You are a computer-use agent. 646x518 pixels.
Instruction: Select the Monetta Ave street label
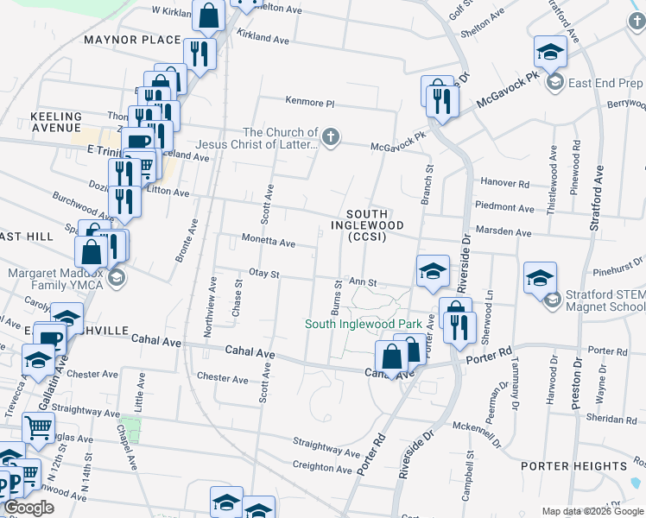coord(269,242)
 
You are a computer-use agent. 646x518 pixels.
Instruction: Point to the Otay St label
coord(265,274)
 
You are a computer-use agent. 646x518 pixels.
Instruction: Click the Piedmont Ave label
coord(505,208)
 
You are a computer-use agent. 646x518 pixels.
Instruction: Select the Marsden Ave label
coord(505,232)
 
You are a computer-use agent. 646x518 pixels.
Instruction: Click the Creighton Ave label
coord(323,467)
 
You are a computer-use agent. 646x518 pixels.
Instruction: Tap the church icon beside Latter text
coord(330,136)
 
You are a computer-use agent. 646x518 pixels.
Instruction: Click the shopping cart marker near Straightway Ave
coord(37,426)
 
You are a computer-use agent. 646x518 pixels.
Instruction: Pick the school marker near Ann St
coord(433,271)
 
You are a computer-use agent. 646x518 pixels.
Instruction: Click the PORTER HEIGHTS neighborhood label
coord(561,465)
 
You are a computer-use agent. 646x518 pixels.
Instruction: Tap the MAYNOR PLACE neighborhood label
coord(132,40)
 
